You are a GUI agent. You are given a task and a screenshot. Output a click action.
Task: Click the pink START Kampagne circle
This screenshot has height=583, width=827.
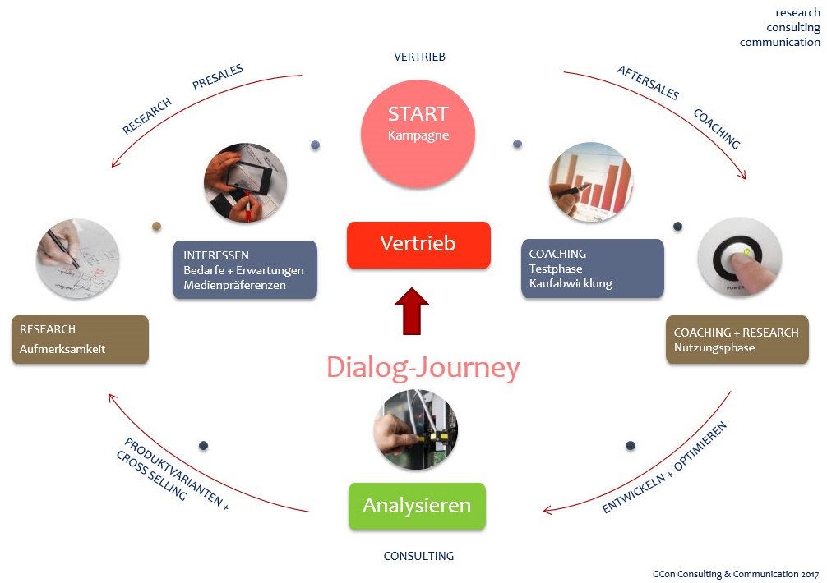pos(418,123)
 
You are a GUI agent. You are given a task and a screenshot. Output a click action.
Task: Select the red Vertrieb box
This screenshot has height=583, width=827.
pos(418,244)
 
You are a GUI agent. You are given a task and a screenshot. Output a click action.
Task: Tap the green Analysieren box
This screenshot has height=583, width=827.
pos(417,505)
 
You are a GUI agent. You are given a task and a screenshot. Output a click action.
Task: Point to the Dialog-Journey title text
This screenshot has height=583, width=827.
pos(423,367)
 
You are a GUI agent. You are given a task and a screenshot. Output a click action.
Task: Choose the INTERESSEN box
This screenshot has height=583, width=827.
pos(245,269)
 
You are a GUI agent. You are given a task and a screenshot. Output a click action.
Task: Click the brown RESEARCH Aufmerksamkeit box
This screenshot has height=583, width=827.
pos(80,339)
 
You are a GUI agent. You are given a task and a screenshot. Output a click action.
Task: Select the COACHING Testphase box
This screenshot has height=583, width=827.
pos(592,269)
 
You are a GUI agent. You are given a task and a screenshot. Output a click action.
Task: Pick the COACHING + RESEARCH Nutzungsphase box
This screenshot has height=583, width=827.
pos(737,339)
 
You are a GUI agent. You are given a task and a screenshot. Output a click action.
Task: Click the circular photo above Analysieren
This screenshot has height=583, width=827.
pos(415,429)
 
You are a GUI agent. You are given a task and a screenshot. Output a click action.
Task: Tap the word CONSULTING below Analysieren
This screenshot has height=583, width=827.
pos(418,556)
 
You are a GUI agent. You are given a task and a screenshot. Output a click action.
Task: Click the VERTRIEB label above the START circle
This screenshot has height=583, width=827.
pos(419,57)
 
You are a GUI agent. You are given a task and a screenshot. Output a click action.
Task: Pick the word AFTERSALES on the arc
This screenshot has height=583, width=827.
pos(648,83)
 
